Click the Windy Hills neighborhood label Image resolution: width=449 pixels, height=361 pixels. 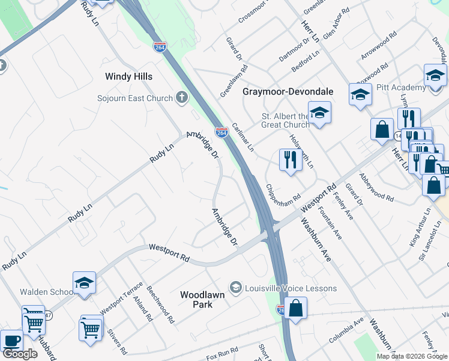[x=128, y=76]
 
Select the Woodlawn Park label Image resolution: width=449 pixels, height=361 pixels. [x=196, y=300]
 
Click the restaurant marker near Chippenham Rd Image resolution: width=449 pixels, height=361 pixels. [x=290, y=160]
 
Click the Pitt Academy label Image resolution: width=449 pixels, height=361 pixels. [x=402, y=88]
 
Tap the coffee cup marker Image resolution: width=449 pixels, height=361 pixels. [x=11, y=340]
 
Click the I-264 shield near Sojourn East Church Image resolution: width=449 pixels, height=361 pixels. [x=221, y=132]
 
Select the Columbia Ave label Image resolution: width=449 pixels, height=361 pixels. [x=346, y=331]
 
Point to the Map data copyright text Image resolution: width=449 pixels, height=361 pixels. [x=412, y=356]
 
